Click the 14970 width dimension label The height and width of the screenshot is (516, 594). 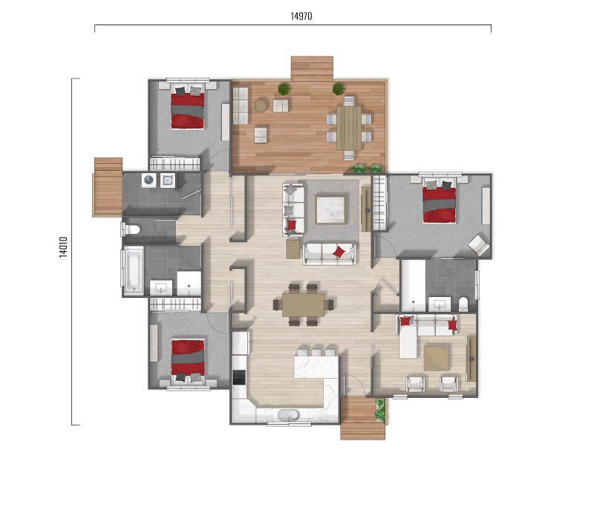(301, 16)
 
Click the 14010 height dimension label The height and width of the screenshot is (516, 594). (63, 247)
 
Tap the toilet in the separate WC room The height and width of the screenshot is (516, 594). (131, 229)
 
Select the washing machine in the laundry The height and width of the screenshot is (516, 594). (148, 180)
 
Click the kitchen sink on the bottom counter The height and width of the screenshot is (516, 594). (289, 415)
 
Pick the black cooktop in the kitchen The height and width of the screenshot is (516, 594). (239, 377)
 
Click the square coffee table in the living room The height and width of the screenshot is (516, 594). (330, 210)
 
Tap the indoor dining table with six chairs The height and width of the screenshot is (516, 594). (303, 304)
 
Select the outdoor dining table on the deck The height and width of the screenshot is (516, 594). (349, 128)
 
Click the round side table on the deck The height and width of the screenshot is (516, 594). (261, 105)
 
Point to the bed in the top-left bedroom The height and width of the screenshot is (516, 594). (188, 108)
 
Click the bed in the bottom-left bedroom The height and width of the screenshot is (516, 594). (188, 360)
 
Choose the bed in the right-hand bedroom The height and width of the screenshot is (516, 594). (439, 201)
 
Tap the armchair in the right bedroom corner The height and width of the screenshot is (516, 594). (479, 244)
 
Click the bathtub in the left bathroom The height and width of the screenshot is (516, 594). (133, 270)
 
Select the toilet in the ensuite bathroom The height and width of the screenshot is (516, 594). (463, 304)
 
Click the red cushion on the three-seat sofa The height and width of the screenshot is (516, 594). (339, 252)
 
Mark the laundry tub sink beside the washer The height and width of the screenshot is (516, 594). (168, 180)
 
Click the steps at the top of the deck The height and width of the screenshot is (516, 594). (312, 68)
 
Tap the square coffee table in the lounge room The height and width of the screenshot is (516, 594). (437, 359)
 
